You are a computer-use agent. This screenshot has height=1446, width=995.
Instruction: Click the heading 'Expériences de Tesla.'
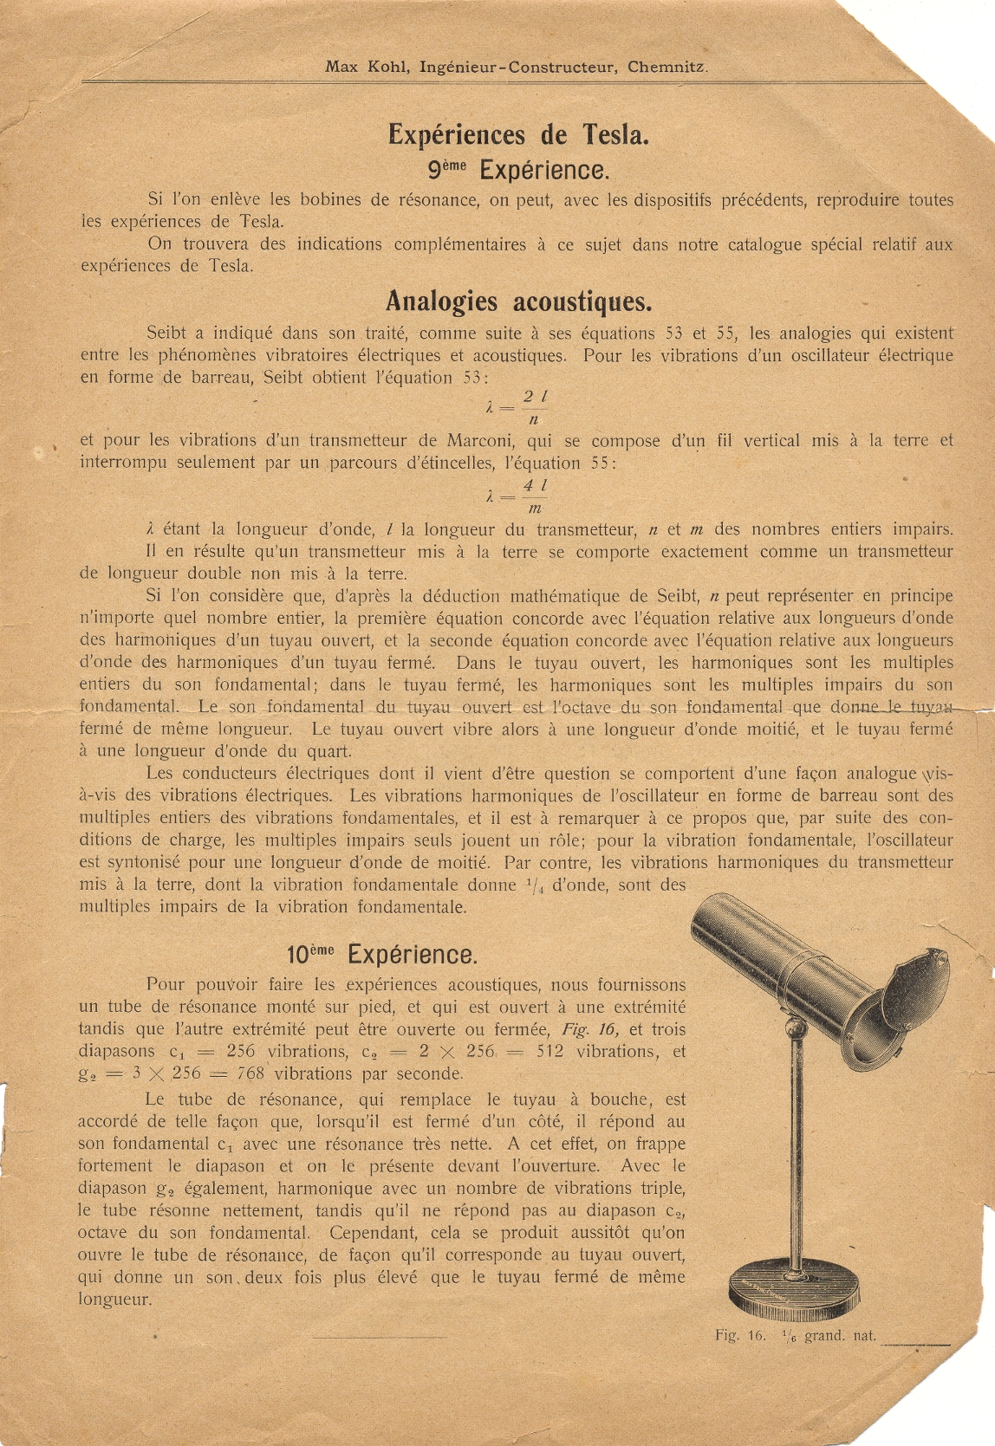coord(518,135)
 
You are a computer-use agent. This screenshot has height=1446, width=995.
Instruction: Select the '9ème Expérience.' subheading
coord(518,169)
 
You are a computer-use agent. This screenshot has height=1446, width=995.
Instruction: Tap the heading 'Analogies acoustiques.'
coord(518,302)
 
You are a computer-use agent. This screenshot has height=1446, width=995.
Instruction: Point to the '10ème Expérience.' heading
coord(382,955)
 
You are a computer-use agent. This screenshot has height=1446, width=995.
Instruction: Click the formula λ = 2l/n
coord(517,407)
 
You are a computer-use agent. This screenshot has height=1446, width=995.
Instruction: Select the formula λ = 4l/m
coord(517,496)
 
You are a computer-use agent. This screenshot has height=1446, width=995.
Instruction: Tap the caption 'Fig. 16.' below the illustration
coord(740,1335)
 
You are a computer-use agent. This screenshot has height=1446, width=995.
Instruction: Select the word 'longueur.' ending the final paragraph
coord(114,1299)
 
